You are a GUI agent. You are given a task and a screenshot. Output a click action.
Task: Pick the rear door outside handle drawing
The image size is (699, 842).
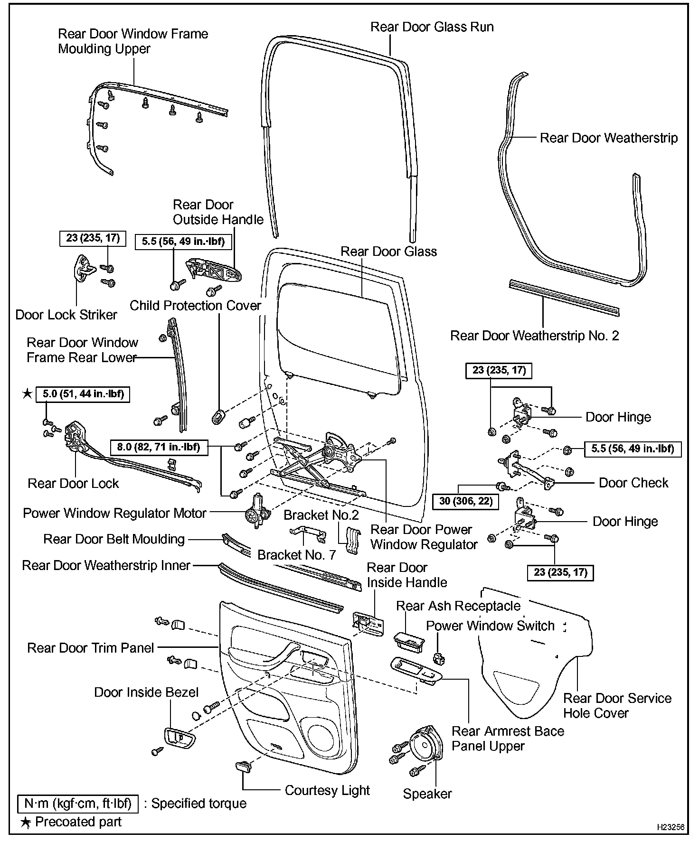click(x=215, y=272)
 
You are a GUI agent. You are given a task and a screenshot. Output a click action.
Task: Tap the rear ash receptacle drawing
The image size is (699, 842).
click(x=409, y=642)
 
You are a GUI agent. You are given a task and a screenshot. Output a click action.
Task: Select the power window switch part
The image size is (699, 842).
click(x=439, y=658)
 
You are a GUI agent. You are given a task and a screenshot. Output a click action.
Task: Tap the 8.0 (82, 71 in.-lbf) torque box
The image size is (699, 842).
click(x=159, y=447)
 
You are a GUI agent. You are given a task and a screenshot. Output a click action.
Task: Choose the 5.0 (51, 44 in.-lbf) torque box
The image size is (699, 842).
click(x=83, y=394)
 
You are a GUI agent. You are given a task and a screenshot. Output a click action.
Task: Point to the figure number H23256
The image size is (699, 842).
click(x=670, y=827)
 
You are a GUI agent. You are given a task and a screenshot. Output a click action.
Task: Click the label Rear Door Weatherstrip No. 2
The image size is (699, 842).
click(x=534, y=336)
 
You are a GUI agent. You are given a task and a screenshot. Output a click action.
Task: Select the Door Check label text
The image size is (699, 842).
click(x=633, y=483)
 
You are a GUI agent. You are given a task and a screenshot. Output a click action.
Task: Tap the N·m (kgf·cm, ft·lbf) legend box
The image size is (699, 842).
click(x=78, y=804)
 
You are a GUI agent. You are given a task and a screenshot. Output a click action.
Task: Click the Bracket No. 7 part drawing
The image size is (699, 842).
click(x=308, y=533)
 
